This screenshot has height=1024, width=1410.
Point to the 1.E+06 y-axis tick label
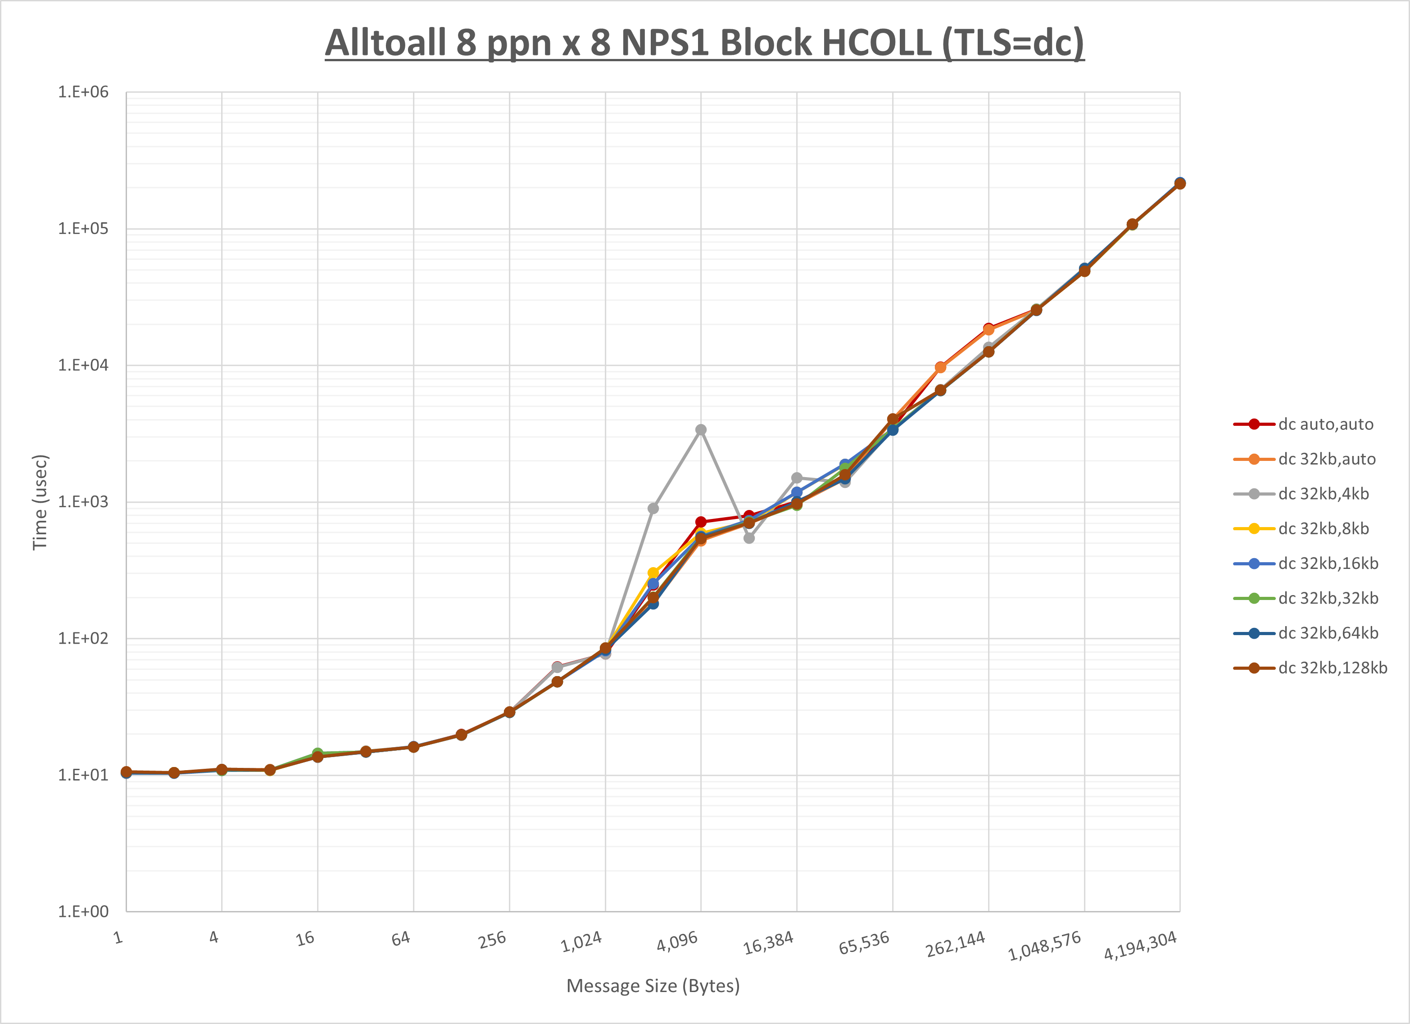click(x=83, y=92)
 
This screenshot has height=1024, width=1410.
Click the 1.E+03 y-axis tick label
click(x=83, y=501)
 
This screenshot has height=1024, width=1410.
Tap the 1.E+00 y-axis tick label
click(x=83, y=911)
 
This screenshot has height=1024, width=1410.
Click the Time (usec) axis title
click(x=40, y=502)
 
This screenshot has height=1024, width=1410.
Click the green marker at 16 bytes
click(x=317, y=753)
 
